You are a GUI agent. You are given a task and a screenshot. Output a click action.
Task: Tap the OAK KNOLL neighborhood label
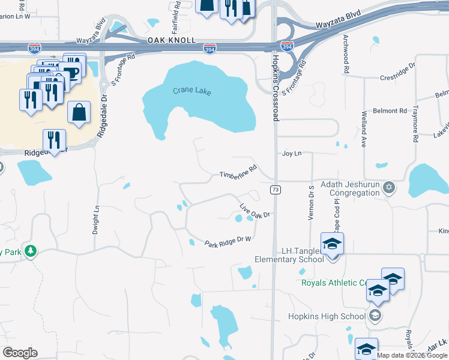tap(172, 40)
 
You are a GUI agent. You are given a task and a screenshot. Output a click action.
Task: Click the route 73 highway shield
tap(276, 190)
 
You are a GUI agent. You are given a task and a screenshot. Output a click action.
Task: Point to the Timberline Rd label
tap(238, 172)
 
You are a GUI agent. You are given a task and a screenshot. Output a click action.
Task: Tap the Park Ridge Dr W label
tap(228, 242)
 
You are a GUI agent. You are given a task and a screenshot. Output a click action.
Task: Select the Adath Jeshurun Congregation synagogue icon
tap(388, 187)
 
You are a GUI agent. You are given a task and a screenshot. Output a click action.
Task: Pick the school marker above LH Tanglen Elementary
tap(330, 244)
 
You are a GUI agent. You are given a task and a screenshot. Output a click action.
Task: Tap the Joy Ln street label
tap(291, 154)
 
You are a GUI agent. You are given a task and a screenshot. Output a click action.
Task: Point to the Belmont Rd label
tap(390, 111)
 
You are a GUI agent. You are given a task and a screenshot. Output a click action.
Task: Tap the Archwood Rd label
tap(346, 53)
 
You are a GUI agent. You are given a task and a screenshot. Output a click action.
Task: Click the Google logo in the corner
tap(20, 352)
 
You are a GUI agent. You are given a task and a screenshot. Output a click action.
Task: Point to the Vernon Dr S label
tap(312, 202)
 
